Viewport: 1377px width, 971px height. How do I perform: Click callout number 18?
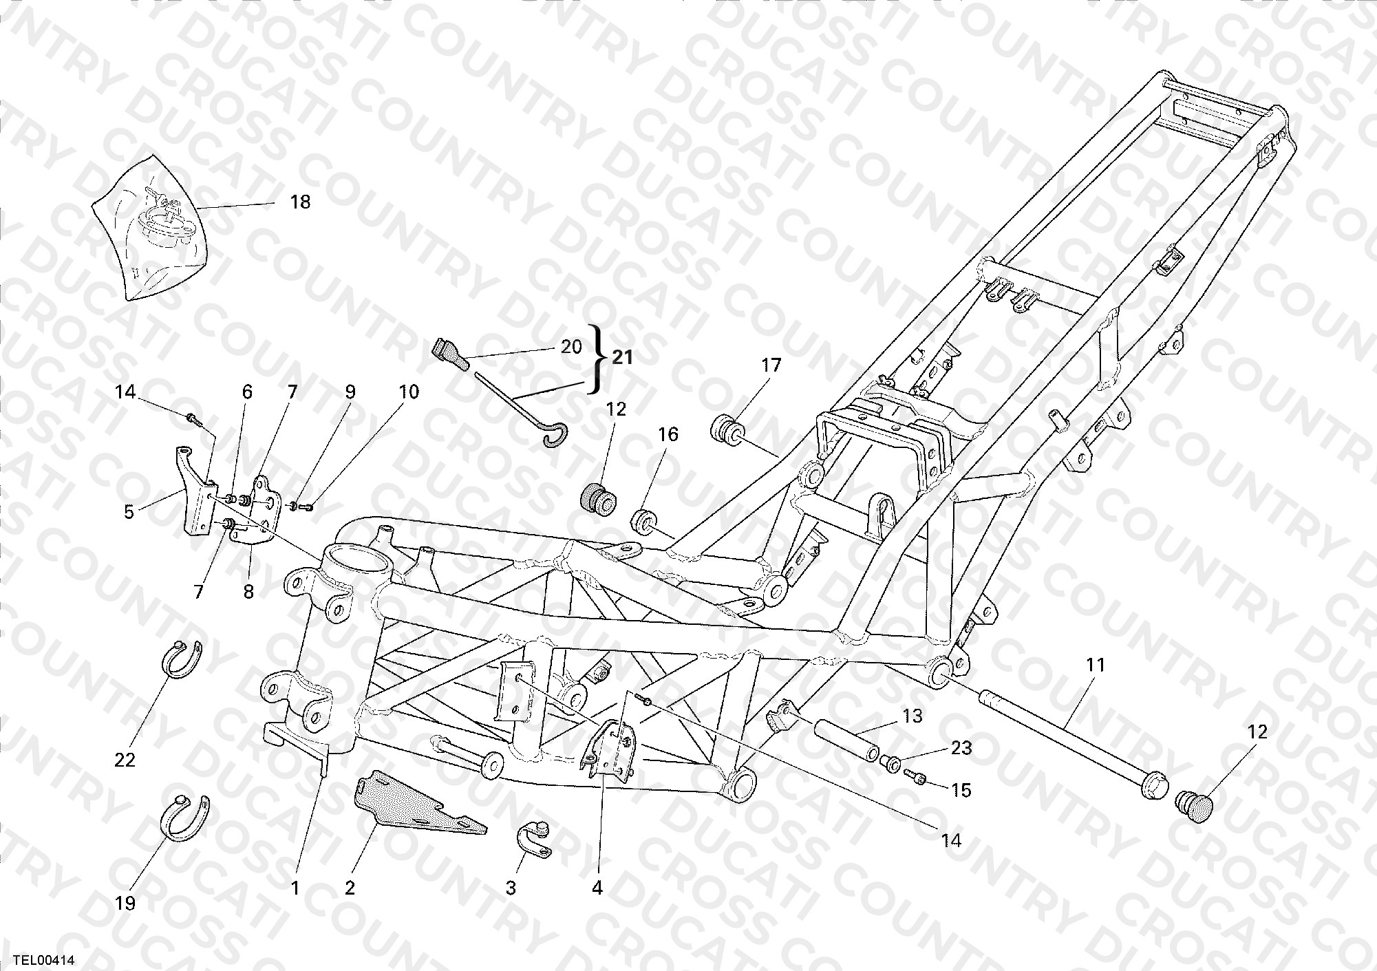point(300,202)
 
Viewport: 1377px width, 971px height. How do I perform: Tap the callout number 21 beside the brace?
point(622,357)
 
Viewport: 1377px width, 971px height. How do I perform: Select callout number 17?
point(771,365)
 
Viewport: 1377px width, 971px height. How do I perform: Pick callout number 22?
point(125,760)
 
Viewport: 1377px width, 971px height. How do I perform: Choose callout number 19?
point(125,903)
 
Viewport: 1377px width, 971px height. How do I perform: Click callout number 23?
point(961,747)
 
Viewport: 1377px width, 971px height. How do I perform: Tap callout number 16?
point(668,434)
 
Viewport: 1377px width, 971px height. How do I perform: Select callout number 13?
point(912,716)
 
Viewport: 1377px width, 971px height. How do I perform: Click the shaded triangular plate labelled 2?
point(420,807)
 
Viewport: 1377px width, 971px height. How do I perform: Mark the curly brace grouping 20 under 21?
point(595,358)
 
